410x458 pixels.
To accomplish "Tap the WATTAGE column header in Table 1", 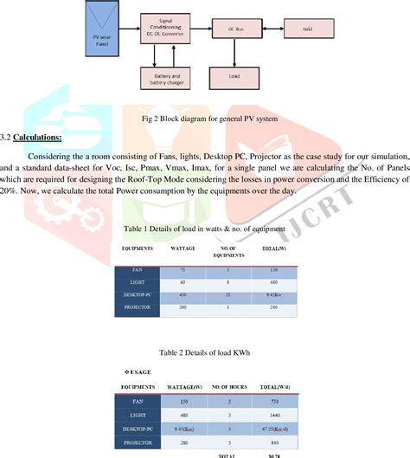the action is tap(183, 248).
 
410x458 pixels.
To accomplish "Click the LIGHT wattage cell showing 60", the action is tap(183, 282).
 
